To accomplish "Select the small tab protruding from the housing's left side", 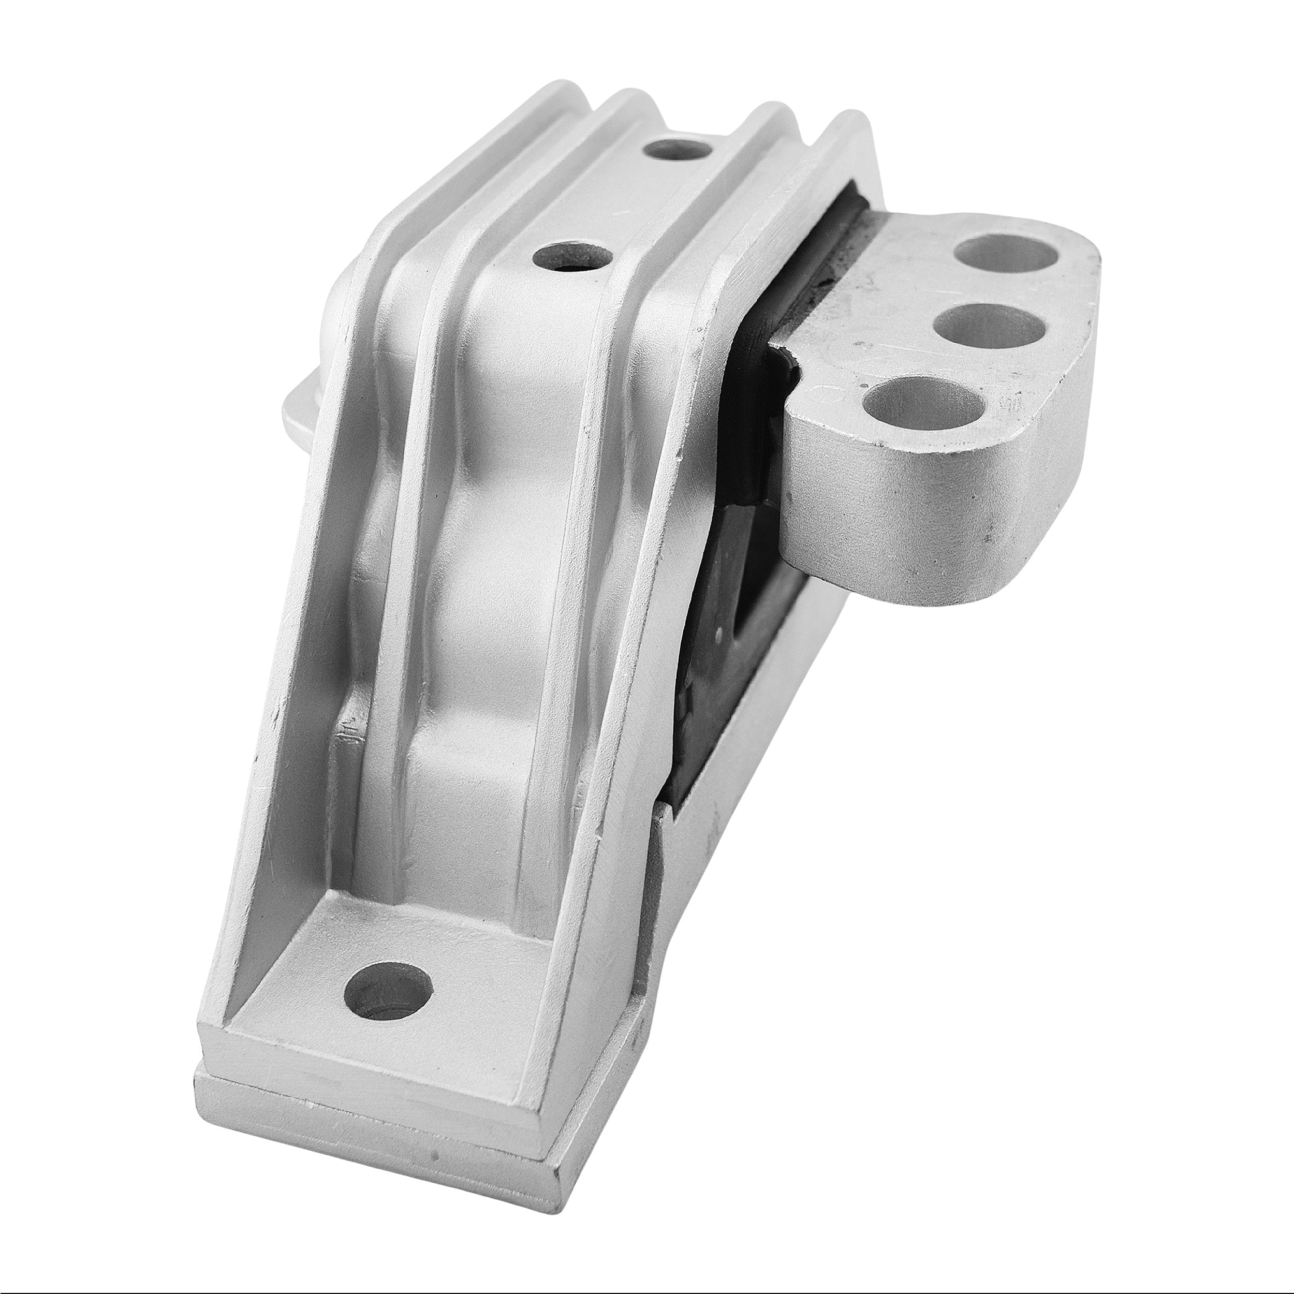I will coord(298,408).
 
